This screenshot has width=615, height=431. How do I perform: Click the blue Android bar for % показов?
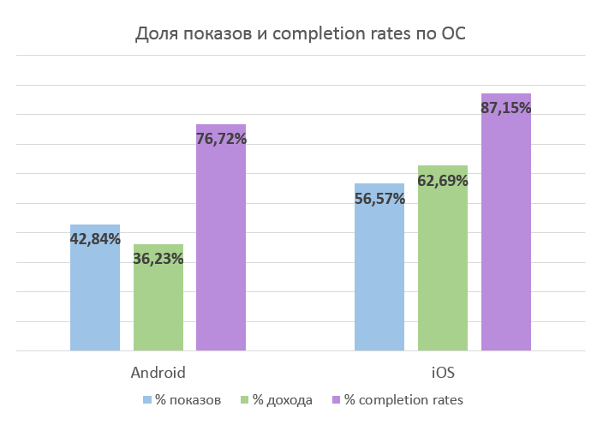tap(94, 300)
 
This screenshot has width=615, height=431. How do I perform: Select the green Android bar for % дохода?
tap(158, 308)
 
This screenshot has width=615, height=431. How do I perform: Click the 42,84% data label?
tap(94, 240)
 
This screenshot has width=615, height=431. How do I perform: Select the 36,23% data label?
tap(158, 259)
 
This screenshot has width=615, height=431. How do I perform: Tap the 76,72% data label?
tap(221, 139)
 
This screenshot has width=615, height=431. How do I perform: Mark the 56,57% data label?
tap(379, 199)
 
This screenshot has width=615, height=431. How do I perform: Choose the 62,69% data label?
tap(442, 181)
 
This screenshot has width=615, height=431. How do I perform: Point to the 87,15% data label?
tap(505, 108)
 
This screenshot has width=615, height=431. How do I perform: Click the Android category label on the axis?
tap(158, 374)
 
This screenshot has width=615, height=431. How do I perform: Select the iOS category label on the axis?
tap(442, 374)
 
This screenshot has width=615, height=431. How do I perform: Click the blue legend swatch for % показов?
tap(147, 400)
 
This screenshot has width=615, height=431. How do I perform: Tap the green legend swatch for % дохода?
tap(244, 400)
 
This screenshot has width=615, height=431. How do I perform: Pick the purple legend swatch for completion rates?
tap(335, 400)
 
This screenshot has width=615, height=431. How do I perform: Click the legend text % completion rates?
tap(403, 400)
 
